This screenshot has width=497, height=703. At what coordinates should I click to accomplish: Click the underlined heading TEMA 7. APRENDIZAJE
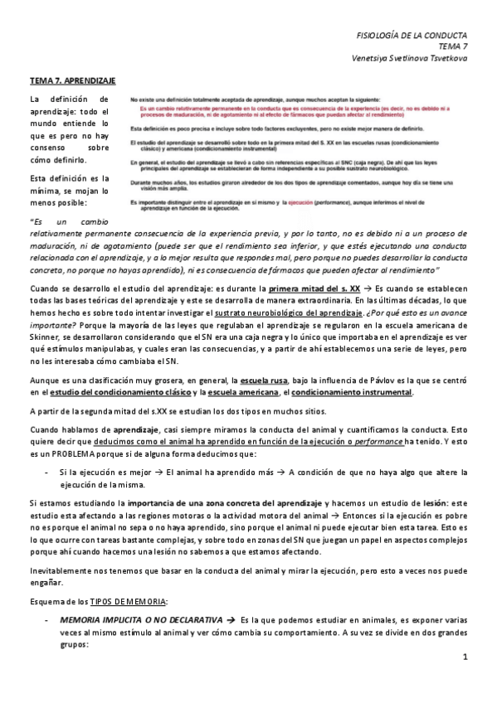(x=72, y=81)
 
